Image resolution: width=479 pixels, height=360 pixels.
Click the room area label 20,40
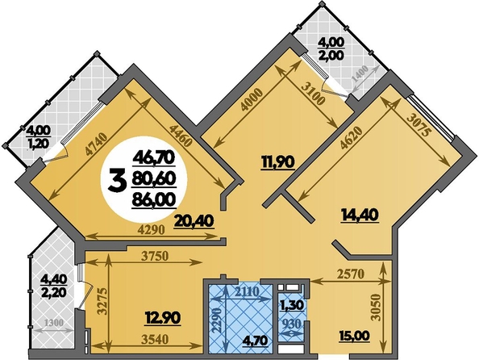(194, 221)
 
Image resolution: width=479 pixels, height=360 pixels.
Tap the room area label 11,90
(277, 162)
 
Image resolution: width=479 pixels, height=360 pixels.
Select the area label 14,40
(360, 215)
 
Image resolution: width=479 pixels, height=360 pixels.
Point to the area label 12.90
(163, 318)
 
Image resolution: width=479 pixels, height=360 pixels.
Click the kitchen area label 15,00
(354, 336)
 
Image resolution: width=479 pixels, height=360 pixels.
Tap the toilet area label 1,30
(292, 305)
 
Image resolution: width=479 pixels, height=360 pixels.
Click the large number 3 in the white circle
(117, 181)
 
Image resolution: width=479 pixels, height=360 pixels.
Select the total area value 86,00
(154, 199)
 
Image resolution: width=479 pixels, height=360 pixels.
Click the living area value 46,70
(154, 159)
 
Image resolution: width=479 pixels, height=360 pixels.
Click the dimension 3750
(155, 257)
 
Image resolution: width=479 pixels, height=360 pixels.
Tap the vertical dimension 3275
(102, 301)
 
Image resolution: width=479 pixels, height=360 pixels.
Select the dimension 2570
(352, 274)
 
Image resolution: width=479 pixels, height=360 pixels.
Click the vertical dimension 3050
(377, 308)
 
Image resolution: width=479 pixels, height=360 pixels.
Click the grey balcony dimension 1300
(54, 323)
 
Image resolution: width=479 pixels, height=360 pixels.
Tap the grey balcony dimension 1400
(360, 75)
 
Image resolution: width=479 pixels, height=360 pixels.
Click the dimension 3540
(156, 339)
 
